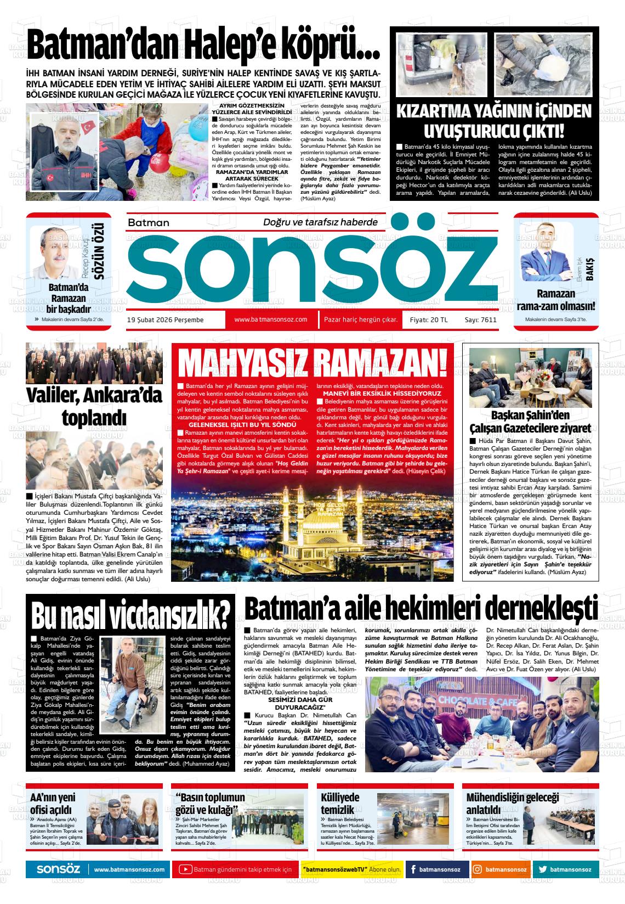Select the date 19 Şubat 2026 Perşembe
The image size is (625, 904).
(165, 320)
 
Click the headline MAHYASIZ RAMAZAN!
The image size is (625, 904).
(313, 363)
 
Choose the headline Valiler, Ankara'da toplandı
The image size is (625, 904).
(94, 406)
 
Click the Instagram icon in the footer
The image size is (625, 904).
(478, 869)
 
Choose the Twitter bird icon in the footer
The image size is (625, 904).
(543, 869)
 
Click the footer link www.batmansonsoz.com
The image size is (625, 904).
(129, 870)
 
